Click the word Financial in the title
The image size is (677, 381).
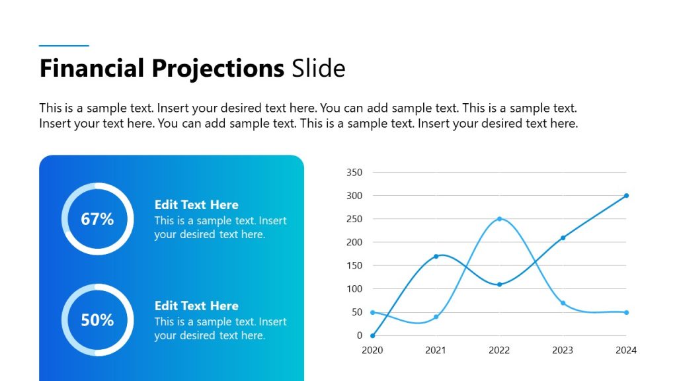tap(91, 68)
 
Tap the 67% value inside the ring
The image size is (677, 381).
tap(97, 219)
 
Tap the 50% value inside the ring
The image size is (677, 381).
tap(97, 320)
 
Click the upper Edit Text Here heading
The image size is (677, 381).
tap(196, 205)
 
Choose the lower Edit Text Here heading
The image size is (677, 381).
tap(196, 306)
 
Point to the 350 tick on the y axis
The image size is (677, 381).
tap(354, 173)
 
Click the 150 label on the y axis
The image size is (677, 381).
tap(354, 265)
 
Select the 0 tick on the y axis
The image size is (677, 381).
tap(360, 335)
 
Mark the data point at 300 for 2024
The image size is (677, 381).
tap(626, 196)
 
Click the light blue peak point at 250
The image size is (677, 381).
tap(499, 219)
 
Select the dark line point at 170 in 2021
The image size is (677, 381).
tap(436, 256)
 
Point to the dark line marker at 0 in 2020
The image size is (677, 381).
tap(372, 335)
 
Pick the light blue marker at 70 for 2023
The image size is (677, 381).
tap(563, 303)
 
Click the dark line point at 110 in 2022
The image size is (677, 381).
tap(499, 284)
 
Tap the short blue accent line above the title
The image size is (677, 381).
tap(63, 46)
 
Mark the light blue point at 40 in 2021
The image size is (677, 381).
tap(436, 317)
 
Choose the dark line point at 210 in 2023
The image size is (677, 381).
tap(563, 237)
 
